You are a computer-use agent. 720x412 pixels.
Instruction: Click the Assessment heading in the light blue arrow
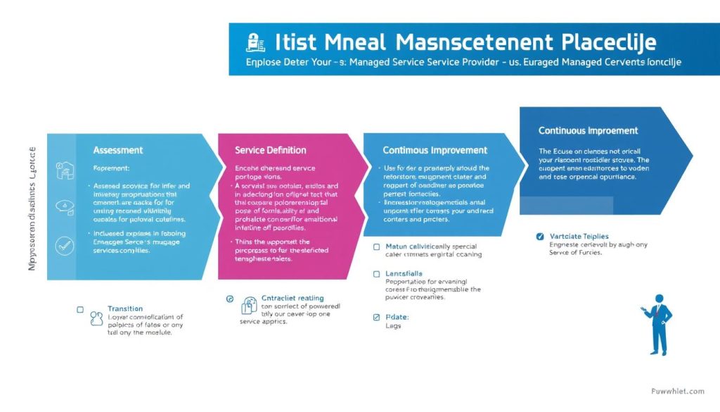[117, 150]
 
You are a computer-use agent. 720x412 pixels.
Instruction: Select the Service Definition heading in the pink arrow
[270, 150]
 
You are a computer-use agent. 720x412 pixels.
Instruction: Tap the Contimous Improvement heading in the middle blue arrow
[435, 150]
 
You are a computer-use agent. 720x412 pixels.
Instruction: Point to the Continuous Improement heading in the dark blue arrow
[588, 130]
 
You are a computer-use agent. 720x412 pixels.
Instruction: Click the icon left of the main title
[255, 42]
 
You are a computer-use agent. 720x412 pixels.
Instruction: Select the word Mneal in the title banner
[354, 42]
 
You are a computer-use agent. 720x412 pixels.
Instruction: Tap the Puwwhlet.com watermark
[678, 391]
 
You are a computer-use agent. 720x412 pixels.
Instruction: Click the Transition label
[125, 308]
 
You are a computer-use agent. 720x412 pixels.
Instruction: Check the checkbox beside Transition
[79, 309]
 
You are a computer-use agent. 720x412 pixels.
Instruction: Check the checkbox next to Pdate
[377, 318]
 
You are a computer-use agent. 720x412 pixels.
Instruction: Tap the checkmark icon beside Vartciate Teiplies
[539, 237]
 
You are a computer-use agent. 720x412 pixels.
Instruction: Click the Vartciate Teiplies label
[580, 237]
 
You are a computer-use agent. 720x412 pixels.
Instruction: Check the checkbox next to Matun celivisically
[377, 247]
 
